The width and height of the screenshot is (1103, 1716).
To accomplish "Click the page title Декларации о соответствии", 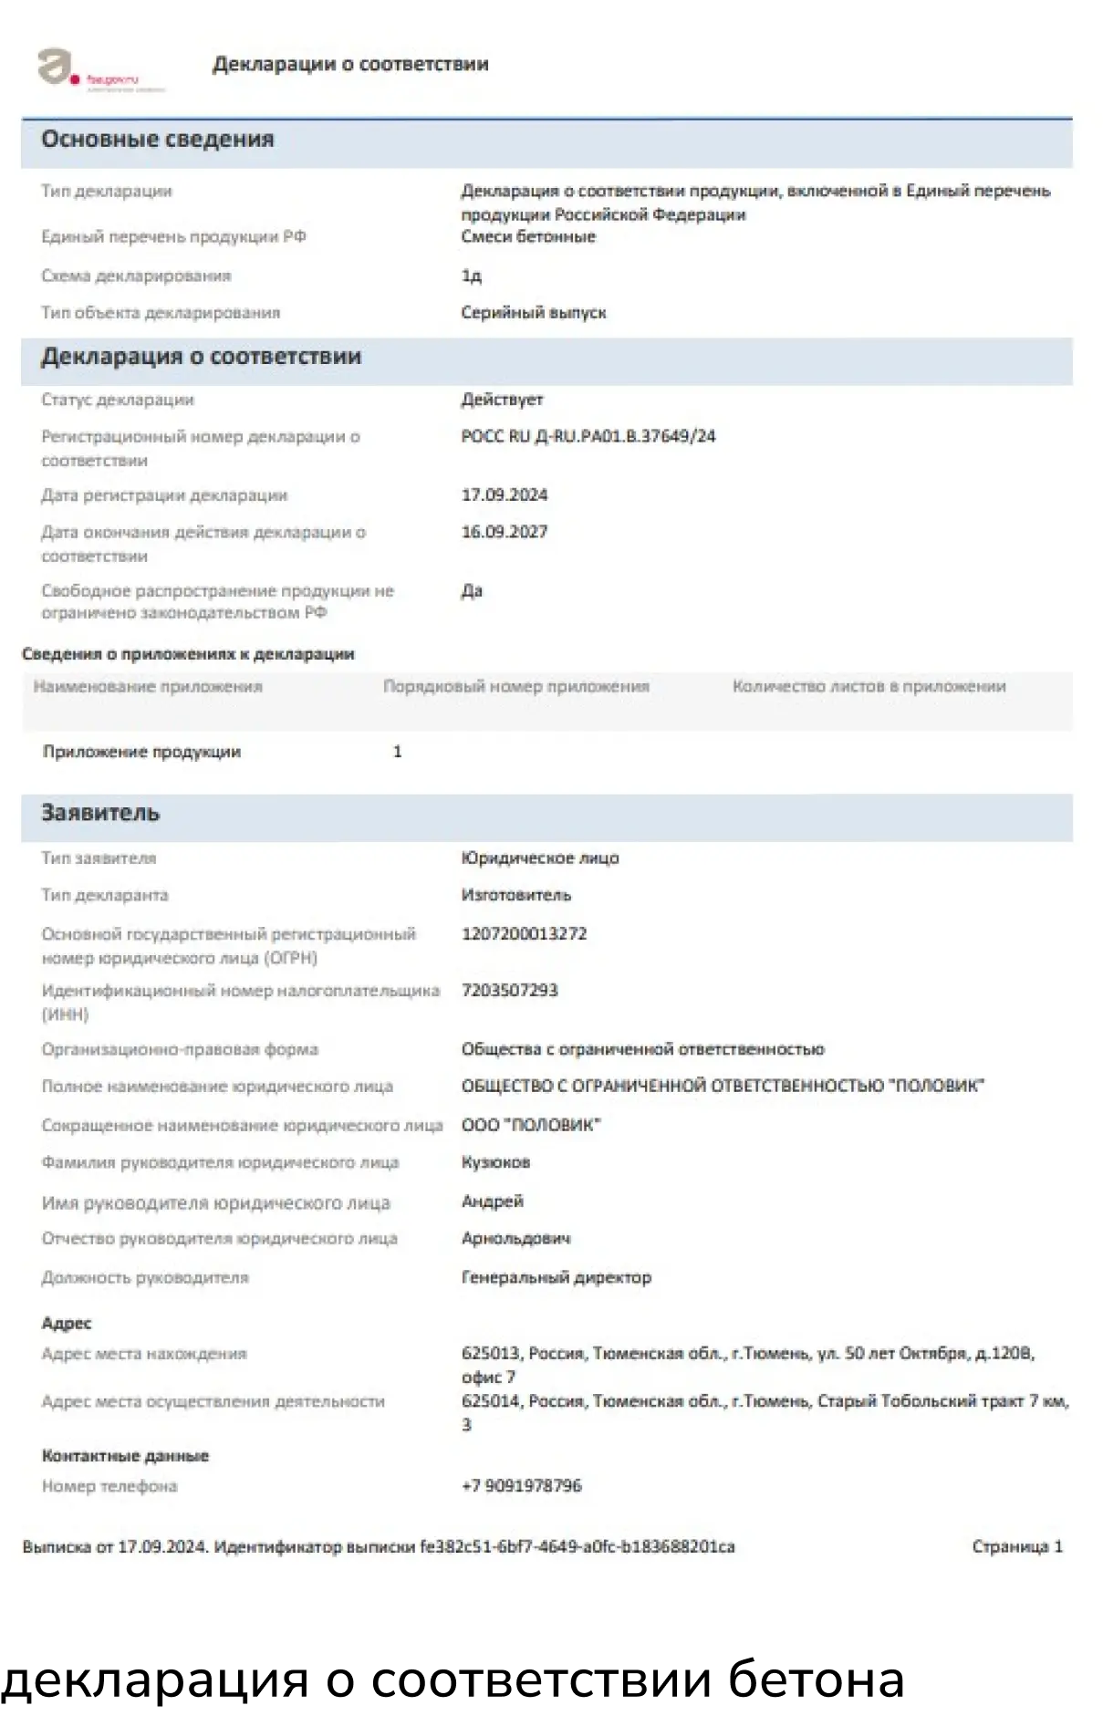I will pos(350,64).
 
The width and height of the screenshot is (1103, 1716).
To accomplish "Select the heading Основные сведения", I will pos(157,140).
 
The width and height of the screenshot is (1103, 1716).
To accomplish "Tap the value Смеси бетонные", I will pos(528,237).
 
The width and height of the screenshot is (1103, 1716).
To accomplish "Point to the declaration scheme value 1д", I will pos(471,276).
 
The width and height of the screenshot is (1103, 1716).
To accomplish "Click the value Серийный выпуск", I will pos(534,313).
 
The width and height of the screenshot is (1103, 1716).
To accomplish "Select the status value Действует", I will pos(502,400).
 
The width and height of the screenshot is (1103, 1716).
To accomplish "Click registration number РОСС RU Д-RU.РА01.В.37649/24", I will pos(588,436).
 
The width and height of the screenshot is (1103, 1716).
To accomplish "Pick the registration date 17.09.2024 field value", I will pos(505,495).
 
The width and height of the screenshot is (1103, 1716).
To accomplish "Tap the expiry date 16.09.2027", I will pos(505,532).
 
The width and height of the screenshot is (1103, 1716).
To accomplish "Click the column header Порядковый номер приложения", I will pos(515,686).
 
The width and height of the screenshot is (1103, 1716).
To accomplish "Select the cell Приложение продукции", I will pos(141,752).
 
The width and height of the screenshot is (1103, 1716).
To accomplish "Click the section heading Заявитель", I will pos(100,813).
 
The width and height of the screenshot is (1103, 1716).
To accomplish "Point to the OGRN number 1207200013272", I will pos(524,934).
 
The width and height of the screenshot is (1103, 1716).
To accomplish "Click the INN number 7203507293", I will pos(509,991).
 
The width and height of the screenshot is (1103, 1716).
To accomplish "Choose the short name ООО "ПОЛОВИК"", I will pos(531,1126).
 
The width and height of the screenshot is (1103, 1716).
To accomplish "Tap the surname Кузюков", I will pos(495,1163).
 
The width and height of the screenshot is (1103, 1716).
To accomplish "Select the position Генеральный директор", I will pos(557,1278).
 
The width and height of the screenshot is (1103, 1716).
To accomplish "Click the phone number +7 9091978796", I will pos(521,1486).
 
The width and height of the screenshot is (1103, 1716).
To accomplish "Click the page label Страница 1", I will pos(1016,1547).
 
